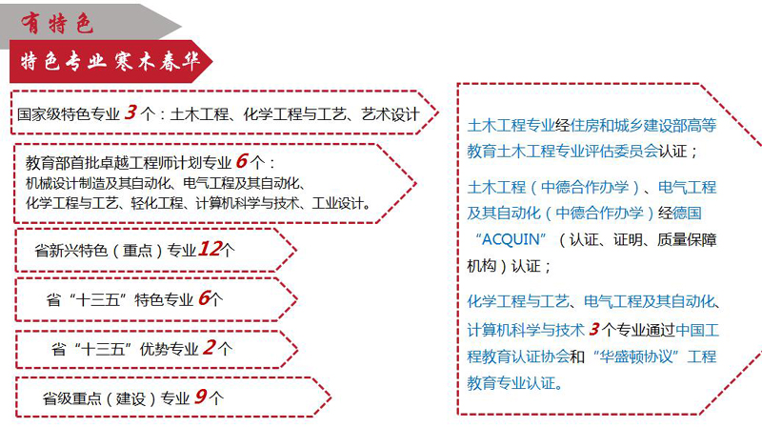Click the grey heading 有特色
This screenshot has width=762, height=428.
point(57,23)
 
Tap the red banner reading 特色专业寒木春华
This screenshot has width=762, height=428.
point(110,62)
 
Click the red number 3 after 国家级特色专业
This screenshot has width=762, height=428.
point(130,112)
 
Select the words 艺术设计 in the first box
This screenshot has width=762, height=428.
point(391,114)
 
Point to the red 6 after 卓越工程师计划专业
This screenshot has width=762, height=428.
point(242,161)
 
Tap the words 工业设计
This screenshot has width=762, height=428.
point(338,203)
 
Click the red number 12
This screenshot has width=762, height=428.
point(210,249)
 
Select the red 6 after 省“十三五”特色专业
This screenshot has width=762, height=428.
point(204,297)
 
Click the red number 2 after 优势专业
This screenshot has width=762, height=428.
point(210,347)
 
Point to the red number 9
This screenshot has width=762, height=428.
point(200,397)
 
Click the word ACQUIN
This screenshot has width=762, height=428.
point(511,239)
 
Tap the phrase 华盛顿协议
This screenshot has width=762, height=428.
point(635,357)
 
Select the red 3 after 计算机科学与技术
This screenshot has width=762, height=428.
point(593,329)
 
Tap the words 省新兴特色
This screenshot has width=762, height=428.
point(70,251)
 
